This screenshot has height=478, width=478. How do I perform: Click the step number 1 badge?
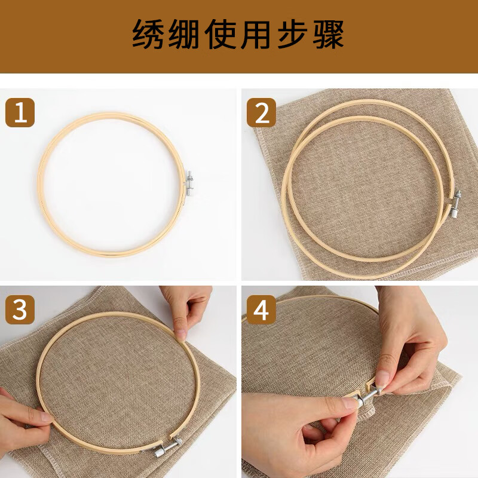[20, 112]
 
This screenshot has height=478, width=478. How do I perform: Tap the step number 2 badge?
[261, 112]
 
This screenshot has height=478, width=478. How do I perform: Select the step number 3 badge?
[20, 310]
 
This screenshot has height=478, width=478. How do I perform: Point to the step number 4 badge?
[261, 310]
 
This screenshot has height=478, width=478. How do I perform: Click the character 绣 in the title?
[148, 34]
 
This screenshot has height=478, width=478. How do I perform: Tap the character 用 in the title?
[256, 34]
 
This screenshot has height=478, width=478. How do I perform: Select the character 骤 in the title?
[329, 34]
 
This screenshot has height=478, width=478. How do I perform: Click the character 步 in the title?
[292, 34]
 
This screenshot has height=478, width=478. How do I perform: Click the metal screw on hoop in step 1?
[189, 184]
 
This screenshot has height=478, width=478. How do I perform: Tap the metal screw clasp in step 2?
[455, 203]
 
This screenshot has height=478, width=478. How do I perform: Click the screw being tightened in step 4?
[368, 397]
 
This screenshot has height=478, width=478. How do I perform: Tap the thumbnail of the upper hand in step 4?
[382, 378]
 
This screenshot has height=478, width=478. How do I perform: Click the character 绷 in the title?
[184, 34]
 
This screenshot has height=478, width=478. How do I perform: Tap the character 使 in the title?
[220, 34]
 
